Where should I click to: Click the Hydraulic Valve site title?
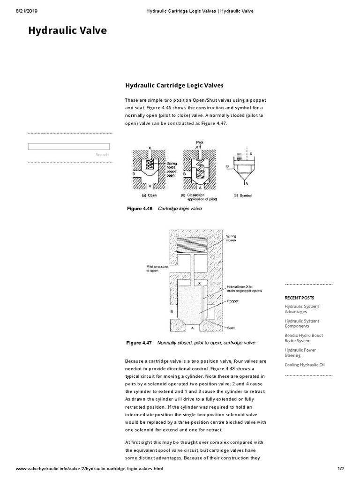[67, 31]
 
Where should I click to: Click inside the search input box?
[69, 147]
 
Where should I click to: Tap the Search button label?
[102, 155]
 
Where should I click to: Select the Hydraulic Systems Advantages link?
[302, 309]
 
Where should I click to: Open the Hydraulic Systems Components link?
[302, 323]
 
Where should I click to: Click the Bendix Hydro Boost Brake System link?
[303, 338]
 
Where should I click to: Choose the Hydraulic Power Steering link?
[300, 352]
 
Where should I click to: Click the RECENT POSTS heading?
[300, 298]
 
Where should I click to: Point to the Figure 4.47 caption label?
[139, 343]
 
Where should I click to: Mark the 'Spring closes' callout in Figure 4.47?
[232, 238]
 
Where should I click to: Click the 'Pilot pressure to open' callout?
[157, 268]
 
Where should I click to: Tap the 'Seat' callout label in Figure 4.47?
[230, 322]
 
